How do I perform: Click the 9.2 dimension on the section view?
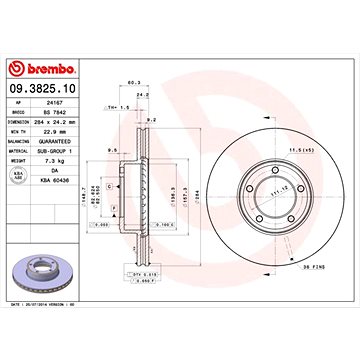tap(179, 121)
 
